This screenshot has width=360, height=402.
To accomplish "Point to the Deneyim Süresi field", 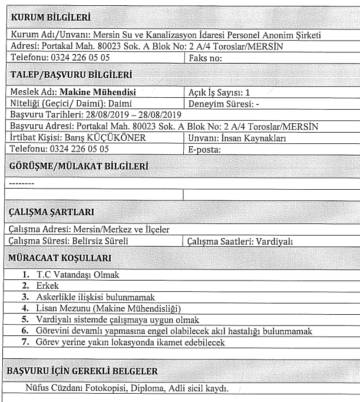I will (x=219, y=102).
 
